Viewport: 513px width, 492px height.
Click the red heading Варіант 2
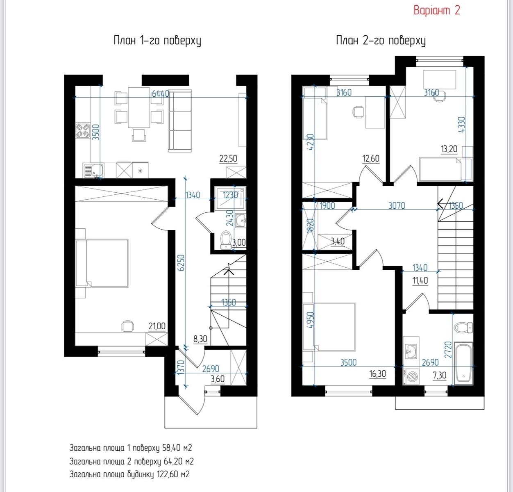[437, 11]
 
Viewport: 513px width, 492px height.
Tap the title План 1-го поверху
[157, 41]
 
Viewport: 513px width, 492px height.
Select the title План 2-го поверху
[381, 41]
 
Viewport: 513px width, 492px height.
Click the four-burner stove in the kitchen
[83, 131]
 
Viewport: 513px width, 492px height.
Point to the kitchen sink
[93, 171]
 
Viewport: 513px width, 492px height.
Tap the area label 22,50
[228, 159]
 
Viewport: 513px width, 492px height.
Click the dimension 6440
[161, 93]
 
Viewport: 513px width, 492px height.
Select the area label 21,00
[157, 326]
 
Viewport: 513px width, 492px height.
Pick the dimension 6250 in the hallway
[181, 262]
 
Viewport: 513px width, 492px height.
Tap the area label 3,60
[218, 379]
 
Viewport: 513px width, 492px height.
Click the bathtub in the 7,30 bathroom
[464, 363]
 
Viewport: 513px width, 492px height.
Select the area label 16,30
[378, 374]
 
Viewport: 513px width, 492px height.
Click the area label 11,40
[420, 281]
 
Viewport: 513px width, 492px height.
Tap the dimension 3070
[397, 205]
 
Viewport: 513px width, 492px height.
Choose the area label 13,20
[449, 149]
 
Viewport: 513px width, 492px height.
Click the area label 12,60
[371, 159]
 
